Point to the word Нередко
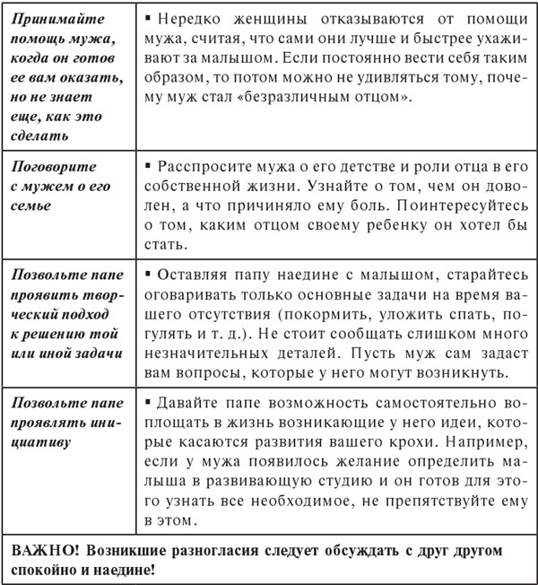[x=190, y=19]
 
